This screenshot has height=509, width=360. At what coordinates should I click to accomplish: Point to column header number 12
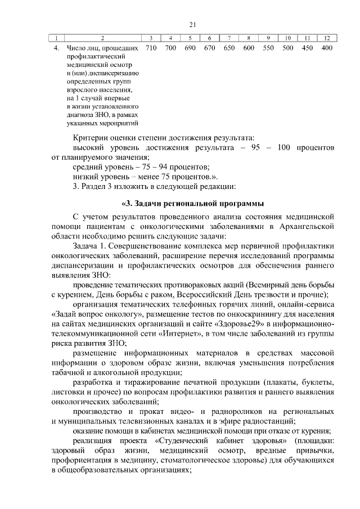326,38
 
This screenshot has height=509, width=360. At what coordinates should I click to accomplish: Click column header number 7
229,38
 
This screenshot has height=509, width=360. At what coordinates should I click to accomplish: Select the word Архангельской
306,226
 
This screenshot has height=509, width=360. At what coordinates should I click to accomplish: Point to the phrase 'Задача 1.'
89,246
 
